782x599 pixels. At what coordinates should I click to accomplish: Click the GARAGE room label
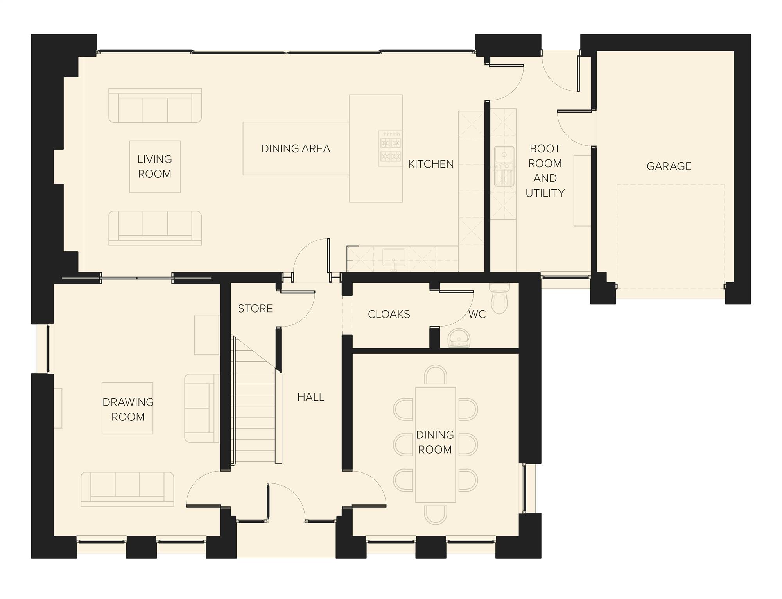pos(669,166)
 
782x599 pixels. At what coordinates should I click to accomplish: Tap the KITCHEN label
pos(431,164)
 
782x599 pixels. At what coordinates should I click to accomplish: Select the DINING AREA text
pos(296,149)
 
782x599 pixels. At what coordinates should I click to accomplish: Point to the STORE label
pos(255,309)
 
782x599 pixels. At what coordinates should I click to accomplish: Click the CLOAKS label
pos(389,315)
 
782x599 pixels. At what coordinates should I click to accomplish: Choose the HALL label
pos(311,397)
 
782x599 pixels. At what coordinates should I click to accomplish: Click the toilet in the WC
pos(499,299)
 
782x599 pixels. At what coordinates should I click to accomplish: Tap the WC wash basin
pos(459,338)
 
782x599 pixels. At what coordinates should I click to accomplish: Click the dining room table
pos(436,445)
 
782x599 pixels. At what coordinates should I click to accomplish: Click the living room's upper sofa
pos(155,105)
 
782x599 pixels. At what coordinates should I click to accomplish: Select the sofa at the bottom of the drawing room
pos(127,489)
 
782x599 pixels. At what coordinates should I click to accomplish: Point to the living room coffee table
pos(155,167)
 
